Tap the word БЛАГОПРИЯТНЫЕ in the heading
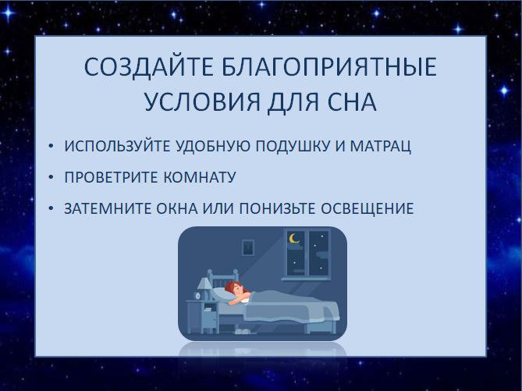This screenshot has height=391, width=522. [329, 67]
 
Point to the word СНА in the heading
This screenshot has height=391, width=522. [352, 101]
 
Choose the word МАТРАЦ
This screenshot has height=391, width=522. [381, 146]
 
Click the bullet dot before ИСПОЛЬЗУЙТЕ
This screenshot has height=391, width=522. [51, 146]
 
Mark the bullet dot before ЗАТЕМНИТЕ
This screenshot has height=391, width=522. [51, 208]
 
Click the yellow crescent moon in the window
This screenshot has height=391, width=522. [293, 239]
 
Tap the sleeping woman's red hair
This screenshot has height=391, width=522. [233, 286]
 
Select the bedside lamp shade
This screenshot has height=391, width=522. [204, 283]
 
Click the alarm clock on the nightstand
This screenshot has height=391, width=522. [197, 296]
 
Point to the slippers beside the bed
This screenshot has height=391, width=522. [242, 332]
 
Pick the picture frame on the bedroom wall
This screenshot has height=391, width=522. [247, 247]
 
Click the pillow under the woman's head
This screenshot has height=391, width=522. [222, 293]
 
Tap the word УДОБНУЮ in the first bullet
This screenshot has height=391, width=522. [212, 146]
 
